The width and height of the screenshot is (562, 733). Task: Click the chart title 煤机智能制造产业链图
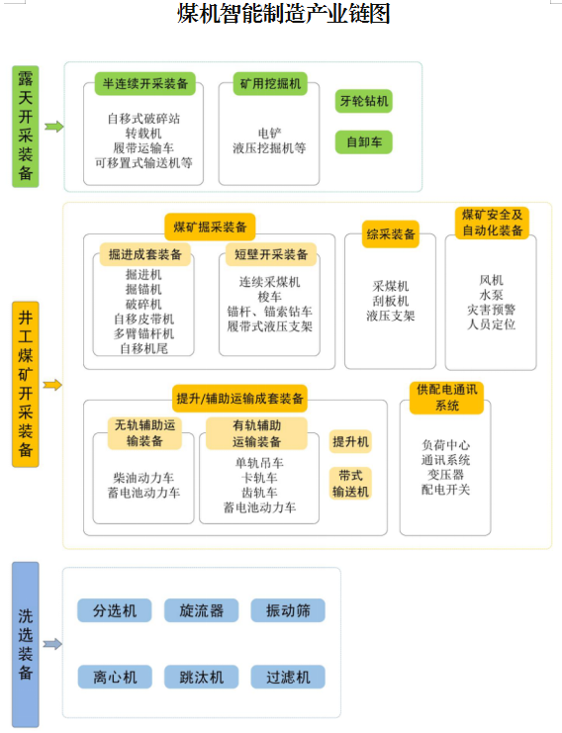(x=283, y=13)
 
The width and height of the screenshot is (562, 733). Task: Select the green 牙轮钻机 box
(x=364, y=101)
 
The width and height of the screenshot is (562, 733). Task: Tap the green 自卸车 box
(x=364, y=142)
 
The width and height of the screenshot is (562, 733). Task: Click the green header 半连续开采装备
(x=144, y=84)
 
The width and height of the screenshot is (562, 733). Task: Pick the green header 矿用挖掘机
(x=270, y=84)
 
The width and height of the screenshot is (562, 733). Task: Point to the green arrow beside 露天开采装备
(x=54, y=127)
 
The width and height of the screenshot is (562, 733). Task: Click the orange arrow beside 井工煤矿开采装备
(x=52, y=385)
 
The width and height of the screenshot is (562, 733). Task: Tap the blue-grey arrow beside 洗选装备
(x=52, y=644)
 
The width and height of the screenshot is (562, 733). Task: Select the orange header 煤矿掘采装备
(x=210, y=228)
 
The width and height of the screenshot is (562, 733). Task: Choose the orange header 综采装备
(x=391, y=234)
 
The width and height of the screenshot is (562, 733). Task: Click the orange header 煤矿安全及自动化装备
(x=492, y=223)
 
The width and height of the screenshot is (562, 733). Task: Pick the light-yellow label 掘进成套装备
(x=144, y=254)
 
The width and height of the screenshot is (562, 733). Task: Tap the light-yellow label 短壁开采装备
(x=271, y=254)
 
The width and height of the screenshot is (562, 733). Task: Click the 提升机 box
(x=350, y=441)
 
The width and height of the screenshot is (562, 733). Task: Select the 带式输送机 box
(x=350, y=484)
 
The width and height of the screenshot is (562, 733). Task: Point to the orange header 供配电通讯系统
(x=446, y=398)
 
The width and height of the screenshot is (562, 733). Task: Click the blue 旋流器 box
(x=202, y=610)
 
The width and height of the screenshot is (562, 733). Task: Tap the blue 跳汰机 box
(x=202, y=677)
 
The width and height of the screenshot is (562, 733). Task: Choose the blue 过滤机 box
(x=288, y=677)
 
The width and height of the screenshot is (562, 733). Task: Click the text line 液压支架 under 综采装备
(x=391, y=316)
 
